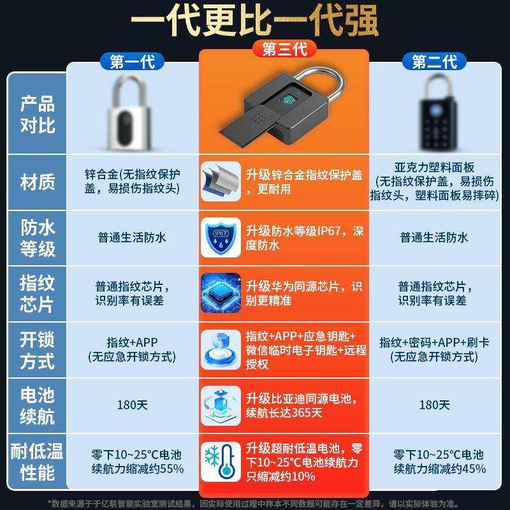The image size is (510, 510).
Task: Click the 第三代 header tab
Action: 284,49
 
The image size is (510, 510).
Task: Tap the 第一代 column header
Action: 132,62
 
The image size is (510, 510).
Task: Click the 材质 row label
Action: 37,183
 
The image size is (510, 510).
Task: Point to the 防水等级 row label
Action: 37,237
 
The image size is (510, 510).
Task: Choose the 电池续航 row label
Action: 37,405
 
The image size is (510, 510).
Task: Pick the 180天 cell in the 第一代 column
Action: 132,405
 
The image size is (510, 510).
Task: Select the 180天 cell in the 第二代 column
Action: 434,405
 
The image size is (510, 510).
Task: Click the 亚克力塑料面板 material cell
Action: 434,182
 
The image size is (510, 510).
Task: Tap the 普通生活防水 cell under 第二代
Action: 434,237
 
